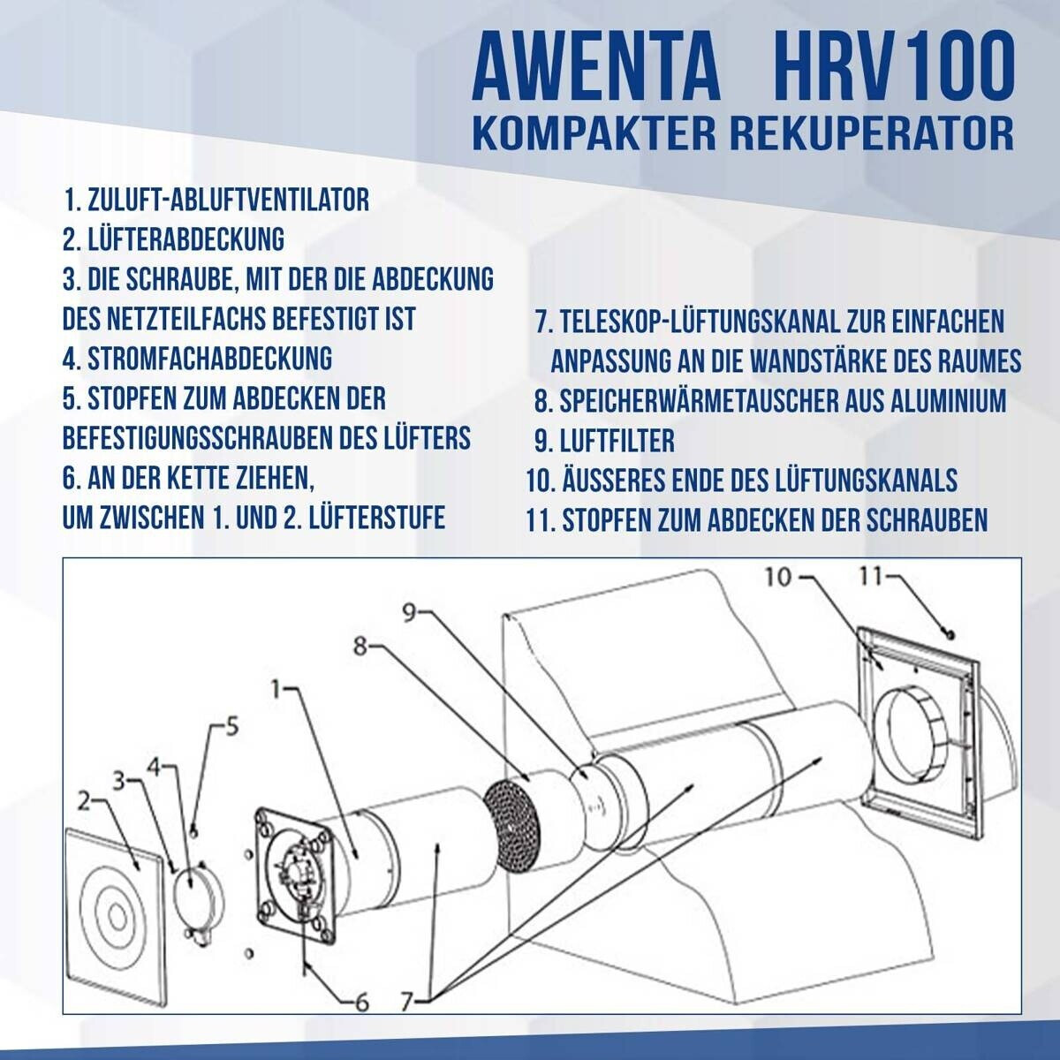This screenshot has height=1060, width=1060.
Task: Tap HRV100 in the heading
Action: click(x=893, y=67)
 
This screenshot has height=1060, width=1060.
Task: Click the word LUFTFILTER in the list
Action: click(x=617, y=441)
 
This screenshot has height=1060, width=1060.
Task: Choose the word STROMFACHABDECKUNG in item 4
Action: click(x=209, y=359)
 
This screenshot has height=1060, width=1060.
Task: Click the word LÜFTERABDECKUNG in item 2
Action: click(x=186, y=239)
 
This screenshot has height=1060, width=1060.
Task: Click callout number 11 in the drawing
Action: click(x=870, y=577)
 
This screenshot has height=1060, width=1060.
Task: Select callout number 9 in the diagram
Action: click(x=408, y=613)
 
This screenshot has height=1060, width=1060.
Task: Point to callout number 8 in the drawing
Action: click(x=360, y=647)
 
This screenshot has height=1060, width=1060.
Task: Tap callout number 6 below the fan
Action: click(x=361, y=1003)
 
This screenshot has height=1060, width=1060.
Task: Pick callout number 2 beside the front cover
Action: click(x=84, y=803)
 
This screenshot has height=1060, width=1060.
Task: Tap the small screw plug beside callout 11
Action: click(x=951, y=635)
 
